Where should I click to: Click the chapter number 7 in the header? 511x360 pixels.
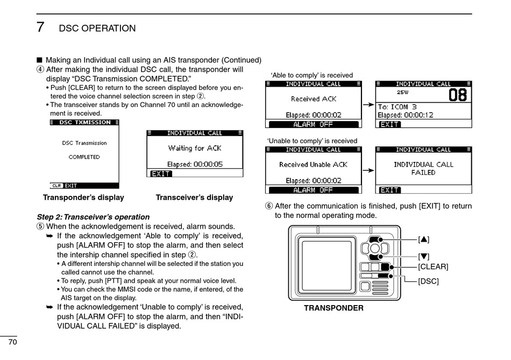(40, 27)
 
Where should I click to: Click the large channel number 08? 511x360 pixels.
(457, 96)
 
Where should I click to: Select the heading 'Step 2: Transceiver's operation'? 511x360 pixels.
(93, 217)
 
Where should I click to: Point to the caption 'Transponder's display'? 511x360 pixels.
(83, 197)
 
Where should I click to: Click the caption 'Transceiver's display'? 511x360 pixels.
(194, 197)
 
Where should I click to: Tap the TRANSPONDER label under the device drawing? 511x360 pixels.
(333, 308)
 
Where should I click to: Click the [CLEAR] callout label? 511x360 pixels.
(433, 266)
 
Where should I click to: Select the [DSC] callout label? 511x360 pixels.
(429, 281)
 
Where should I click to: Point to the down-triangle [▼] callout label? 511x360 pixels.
(424, 256)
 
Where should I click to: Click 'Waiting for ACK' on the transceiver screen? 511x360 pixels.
(195, 148)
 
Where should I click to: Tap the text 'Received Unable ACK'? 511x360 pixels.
(314, 165)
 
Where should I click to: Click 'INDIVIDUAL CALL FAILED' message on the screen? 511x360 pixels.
(423, 168)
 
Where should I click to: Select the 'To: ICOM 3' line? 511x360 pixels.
(398, 107)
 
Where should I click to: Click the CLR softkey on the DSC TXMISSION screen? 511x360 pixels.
(56, 186)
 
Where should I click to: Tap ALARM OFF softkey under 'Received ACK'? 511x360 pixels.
(313, 124)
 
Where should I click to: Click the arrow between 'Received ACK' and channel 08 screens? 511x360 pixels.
(368, 104)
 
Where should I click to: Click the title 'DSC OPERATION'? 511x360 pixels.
(97, 29)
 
